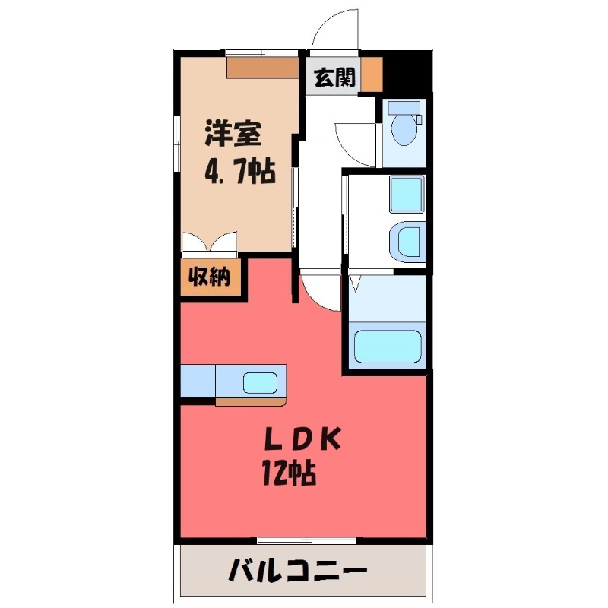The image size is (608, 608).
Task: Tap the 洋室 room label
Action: point(233,135)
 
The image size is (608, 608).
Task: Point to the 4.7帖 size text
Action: point(238,173)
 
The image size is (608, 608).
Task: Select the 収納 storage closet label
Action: point(210,277)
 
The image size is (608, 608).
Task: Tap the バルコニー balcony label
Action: point(299,569)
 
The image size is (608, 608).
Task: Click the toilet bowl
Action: point(403,129)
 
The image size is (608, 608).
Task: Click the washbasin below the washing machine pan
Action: point(406,241)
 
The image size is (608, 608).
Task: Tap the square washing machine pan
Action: point(406,195)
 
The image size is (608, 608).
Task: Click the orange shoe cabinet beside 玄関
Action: point(371,74)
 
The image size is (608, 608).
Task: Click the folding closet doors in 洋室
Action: point(210,242)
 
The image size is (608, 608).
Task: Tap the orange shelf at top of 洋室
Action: point(263,68)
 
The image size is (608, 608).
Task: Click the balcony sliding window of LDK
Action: point(306,540)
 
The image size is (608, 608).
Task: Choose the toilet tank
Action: point(402,106)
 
